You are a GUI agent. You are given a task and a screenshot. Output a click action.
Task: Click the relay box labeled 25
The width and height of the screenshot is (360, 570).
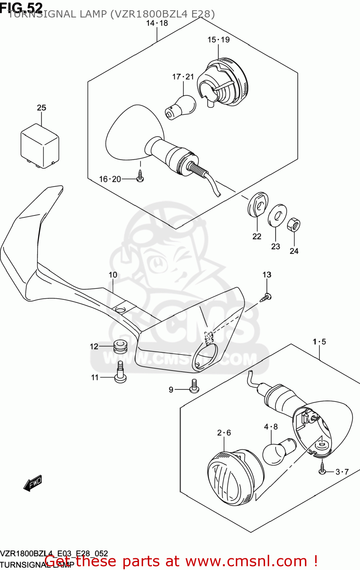coord(39,146)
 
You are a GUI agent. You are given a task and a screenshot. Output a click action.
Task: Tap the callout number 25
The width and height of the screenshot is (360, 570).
coord(41,108)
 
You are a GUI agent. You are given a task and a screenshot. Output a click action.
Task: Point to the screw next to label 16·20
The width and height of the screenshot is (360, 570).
coord(141,176)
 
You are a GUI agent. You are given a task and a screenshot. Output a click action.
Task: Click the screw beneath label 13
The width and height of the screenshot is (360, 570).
coord(267,297)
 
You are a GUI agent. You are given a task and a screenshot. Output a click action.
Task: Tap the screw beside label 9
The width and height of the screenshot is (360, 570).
coord(194,386)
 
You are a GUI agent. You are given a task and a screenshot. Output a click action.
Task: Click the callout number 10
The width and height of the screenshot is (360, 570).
coord(113,275)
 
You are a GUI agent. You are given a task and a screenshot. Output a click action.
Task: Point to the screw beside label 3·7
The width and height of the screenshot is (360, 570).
coord(322,468)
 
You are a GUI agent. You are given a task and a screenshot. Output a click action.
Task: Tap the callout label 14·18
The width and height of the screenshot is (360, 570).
coord(157,23)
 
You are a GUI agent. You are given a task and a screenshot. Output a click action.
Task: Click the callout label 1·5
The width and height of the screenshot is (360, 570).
coord(319,342)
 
